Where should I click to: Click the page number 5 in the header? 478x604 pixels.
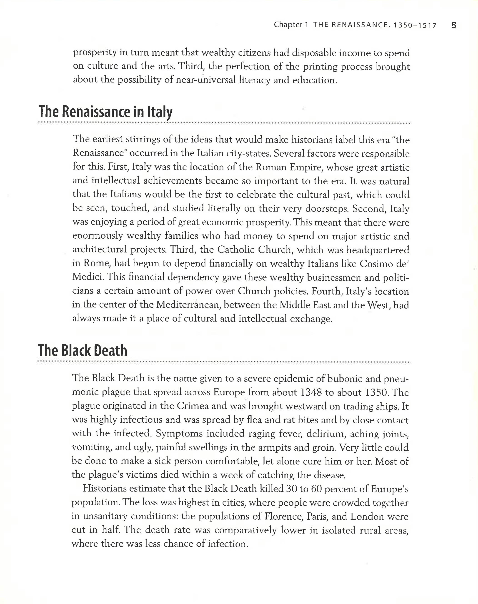(454, 25)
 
